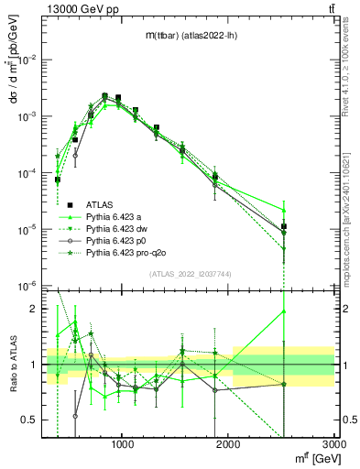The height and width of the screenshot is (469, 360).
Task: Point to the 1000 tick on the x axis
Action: (x=123, y=446)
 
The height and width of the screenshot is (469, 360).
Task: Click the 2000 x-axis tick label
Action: (x=228, y=446)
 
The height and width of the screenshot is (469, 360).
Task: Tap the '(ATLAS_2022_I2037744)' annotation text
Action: (x=188, y=273)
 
